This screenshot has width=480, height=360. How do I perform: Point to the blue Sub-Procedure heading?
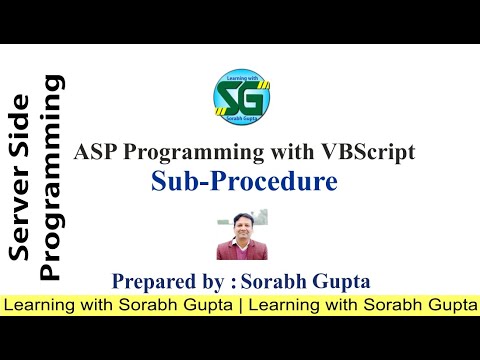tap(244, 181)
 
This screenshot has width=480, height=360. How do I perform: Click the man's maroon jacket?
tap(241, 248)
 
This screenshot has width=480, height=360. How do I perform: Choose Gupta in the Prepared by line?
tap(336, 280)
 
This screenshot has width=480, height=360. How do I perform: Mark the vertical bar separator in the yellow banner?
tap(240, 303)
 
